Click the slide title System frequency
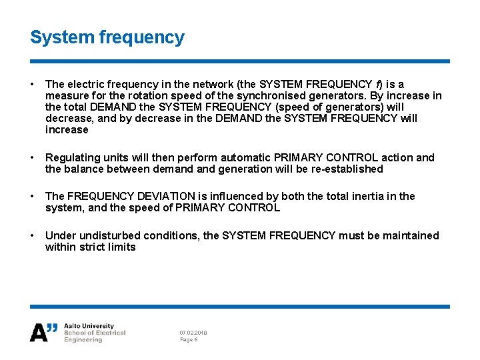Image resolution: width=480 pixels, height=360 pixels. pos(107,37)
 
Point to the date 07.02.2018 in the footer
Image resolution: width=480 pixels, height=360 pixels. pos(193,332)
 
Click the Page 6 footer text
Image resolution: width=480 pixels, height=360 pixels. pos(189,339)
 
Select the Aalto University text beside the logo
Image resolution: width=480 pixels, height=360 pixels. pos(89,326)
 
